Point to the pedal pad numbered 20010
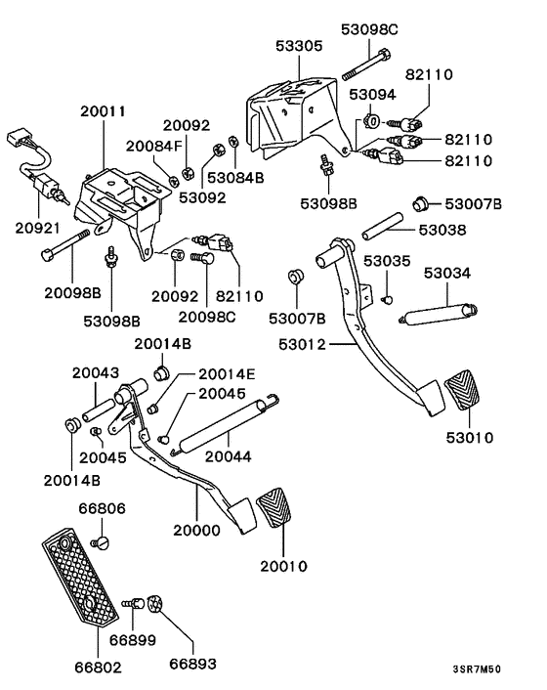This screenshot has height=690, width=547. tap(279, 518)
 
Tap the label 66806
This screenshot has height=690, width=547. tap(103, 509)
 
